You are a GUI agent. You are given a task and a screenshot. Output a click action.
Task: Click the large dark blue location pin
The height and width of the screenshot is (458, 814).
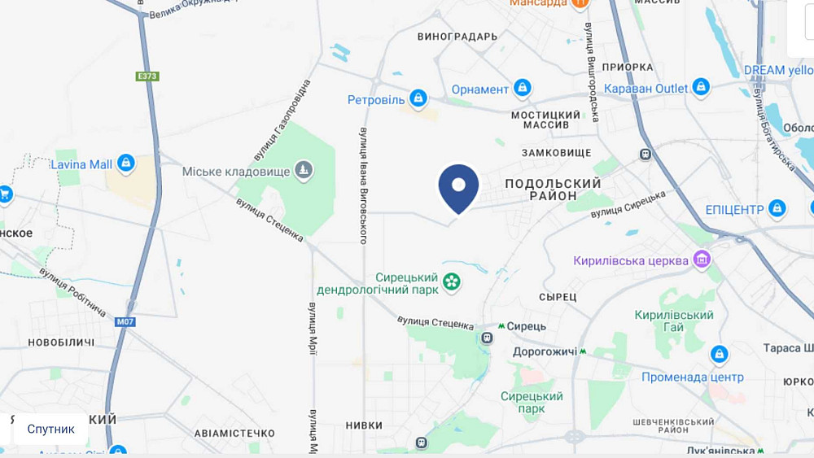458,187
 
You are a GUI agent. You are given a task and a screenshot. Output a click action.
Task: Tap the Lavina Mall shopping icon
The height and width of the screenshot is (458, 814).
125,164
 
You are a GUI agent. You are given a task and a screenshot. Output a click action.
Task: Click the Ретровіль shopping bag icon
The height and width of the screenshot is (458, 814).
418,99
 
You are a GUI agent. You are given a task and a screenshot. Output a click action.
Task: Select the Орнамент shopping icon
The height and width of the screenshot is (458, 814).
523,88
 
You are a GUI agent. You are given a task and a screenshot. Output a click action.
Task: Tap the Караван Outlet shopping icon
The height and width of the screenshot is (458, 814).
701,87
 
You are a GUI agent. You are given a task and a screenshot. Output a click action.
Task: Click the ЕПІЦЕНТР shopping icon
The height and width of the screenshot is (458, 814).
777,209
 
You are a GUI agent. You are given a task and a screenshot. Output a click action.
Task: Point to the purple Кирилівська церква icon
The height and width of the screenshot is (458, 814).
702,260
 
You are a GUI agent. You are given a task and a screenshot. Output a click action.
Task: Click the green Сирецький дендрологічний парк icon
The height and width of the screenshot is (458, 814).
452,282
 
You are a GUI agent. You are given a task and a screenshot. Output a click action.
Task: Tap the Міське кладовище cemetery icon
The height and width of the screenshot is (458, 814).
303,170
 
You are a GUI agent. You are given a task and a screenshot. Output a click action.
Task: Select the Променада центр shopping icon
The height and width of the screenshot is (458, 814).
719,355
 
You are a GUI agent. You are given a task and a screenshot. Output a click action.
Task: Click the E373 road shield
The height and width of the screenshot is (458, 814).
147,76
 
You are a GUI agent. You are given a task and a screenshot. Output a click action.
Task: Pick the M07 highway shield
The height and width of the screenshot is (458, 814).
125,322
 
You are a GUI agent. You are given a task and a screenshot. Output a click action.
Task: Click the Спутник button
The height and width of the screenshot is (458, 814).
50,429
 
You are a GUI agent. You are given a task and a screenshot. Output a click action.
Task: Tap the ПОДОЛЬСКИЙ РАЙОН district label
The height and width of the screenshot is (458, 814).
553,190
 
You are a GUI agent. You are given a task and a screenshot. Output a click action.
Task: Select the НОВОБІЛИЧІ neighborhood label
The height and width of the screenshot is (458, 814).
62,342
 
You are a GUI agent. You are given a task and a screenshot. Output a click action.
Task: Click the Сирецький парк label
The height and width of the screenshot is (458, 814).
532,402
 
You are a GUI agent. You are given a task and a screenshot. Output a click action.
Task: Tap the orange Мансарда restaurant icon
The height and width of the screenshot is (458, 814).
580,2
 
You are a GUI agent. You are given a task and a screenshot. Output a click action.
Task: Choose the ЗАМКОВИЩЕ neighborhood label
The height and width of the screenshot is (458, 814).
556,152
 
